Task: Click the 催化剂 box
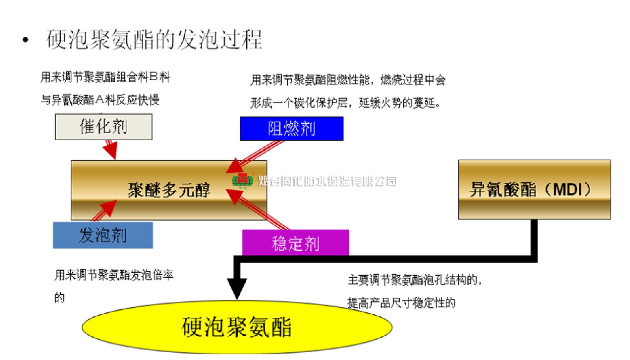click(x=104, y=127)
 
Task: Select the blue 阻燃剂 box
click(x=292, y=129)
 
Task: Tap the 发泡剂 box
click(x=103, y=235)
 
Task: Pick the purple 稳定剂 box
click(x=296, y=243)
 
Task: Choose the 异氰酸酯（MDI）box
click(x=534, y=190)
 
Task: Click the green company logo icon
click(x=243, y=181)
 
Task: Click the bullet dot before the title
click(x=27, y=40)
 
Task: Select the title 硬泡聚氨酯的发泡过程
click(x=154, y=40)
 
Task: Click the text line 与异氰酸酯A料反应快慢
click(x=100, y=100)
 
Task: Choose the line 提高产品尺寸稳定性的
click(x=402, y=303)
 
